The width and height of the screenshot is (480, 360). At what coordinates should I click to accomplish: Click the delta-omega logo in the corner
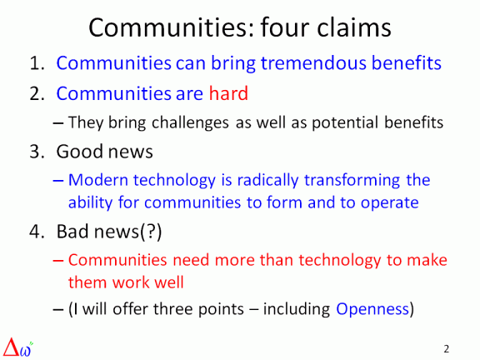click(x=19, y=345)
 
